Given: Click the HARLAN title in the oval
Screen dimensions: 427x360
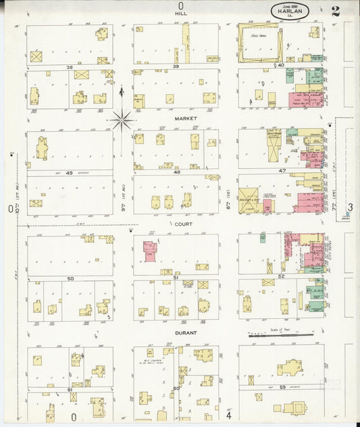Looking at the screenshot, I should pyautogui.click(x=290, y=11).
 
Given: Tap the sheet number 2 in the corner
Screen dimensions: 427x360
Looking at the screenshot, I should pyautogui.click(x=336, y=10).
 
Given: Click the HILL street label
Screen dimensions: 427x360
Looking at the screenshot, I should pyautogui.click(x=181, y=13).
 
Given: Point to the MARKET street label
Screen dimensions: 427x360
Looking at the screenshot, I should pyautogui.click(x=185, y=118).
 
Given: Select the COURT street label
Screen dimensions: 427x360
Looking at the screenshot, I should pyautogui.click(x=184, y=223).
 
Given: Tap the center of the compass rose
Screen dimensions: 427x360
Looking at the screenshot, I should pyautogui.click(x=122, y=121).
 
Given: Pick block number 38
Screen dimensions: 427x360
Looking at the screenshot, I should pyautogui.click(x=69, y=68).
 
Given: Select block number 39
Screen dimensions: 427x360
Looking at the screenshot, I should pyautogui.click(x=175, y=67).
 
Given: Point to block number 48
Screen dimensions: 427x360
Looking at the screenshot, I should pyautogui.click(x=176, y=172).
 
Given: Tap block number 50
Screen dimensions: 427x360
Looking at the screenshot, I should pyautogui.click(x=70, y=278).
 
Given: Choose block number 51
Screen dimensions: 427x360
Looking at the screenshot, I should pyautogui.click(x=176, y=277).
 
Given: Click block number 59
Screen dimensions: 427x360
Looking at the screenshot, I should pyautogui.click(x=282, y=386).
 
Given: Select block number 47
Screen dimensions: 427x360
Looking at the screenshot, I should pyautogui.click(x=282, y=171).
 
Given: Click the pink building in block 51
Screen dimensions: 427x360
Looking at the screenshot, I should pyautogui.click(x=150, y=251).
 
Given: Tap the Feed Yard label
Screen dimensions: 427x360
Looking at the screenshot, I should pyautogui.click(x=257, y=36).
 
